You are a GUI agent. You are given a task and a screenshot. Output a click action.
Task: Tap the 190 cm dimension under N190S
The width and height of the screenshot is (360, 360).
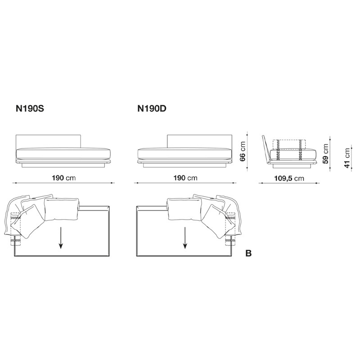click(63, 177)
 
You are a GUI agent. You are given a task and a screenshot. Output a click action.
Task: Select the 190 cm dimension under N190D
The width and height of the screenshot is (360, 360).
click(184, 177)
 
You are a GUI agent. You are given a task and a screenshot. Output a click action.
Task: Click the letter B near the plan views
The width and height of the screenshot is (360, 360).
click(248, 254)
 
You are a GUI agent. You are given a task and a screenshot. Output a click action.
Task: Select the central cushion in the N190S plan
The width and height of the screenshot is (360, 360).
click(61, 209)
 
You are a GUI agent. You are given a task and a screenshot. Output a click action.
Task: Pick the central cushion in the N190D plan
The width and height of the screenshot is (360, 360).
click(184, 209)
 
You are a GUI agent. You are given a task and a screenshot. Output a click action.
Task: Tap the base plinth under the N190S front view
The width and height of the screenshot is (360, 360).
click(63, 165)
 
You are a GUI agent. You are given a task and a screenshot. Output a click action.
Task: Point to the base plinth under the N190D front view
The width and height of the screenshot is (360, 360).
click(184, 165)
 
